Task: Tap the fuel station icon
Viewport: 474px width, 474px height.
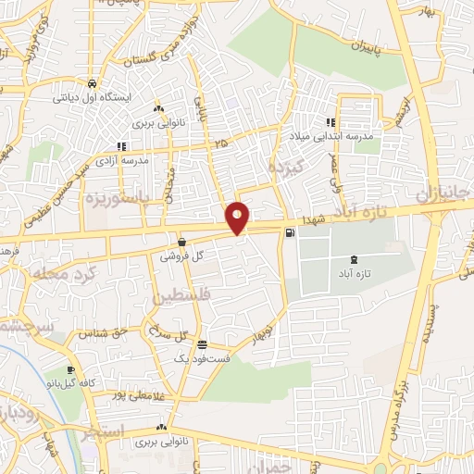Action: [x=292, y=232]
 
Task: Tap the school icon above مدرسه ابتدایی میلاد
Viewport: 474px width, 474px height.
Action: [x=330, y=122]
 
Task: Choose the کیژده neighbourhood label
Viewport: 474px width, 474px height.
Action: [x=281, y=168]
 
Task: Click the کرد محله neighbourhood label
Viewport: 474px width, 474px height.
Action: [x=47, y=273]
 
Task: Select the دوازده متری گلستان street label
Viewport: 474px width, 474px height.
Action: [x=157, y=44]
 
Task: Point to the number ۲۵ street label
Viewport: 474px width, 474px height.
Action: [x=218, y=143]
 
